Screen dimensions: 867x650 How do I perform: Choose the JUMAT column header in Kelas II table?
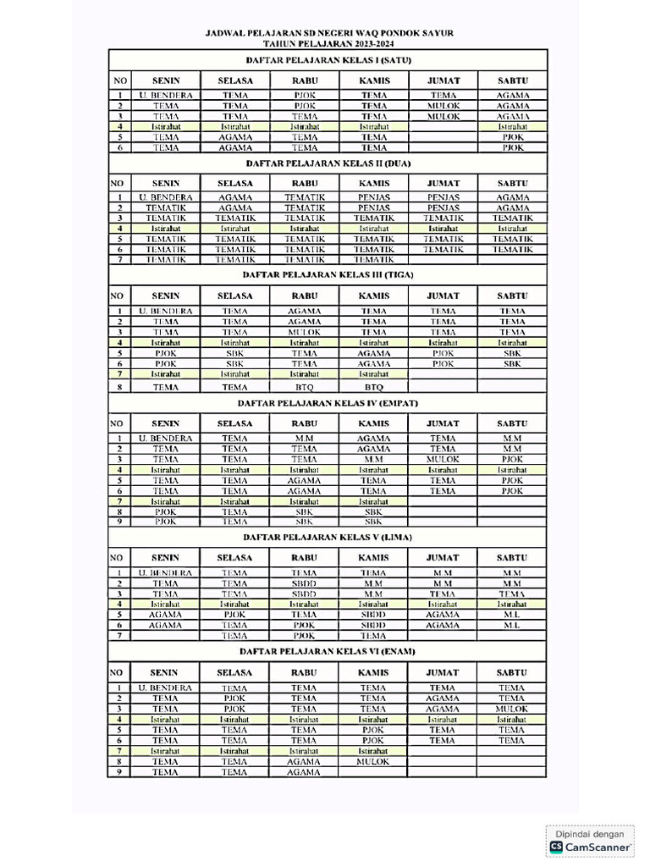pyautogui.click(x=443, y=183)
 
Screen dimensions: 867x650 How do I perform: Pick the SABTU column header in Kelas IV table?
pyautogui.click(x=512, y=423)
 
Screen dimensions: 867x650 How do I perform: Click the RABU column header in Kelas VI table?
pyautogui.click(x=304, y=673)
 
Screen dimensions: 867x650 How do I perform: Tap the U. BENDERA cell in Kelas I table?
pyautogui.click(x=166, y=96)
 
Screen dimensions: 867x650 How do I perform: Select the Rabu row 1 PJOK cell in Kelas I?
pyautogui.click(x=305, y=96)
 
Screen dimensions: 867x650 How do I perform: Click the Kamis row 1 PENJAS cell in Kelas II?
pyautogui.click(x=373, y=197)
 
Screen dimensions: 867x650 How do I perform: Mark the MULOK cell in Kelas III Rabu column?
pyautogui.click(x=305, y=332)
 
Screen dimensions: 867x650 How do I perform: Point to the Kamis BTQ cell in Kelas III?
pyautogui.click(x=373, y=387)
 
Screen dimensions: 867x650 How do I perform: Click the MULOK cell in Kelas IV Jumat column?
pyautogui.click(x=443, y=459)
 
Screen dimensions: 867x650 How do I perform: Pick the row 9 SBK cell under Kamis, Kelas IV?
pyautogui.click(x=373, y=522)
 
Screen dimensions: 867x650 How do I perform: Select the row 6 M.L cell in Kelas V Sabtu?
pyautogui.click(x=512, y=625)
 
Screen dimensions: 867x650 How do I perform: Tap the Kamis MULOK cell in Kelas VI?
pyautogui.click(x=373, y=761)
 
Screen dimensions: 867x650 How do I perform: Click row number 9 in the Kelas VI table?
pyautogui.click(x=120, y=771)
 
